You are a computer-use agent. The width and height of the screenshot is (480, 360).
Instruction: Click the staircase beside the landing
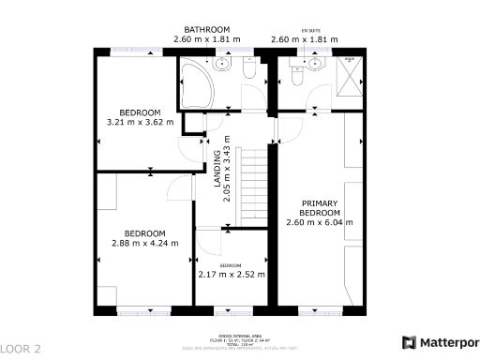pyautogui.click(x=250, y=185)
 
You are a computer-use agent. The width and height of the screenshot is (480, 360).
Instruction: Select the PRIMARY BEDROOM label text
pyautogui.click(x=319, y=208)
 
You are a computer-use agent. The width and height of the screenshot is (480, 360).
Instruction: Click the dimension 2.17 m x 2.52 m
pyautogui.click(x=231, y=275)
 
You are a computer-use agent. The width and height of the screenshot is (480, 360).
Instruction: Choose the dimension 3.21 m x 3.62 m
pyautogui.click(x=141, y=121)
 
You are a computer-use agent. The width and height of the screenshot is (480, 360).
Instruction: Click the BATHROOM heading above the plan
pyautogui.click(x=207, y=29)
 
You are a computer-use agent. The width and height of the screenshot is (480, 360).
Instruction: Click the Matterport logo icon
pyautogui.click(x=409, y=343)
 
